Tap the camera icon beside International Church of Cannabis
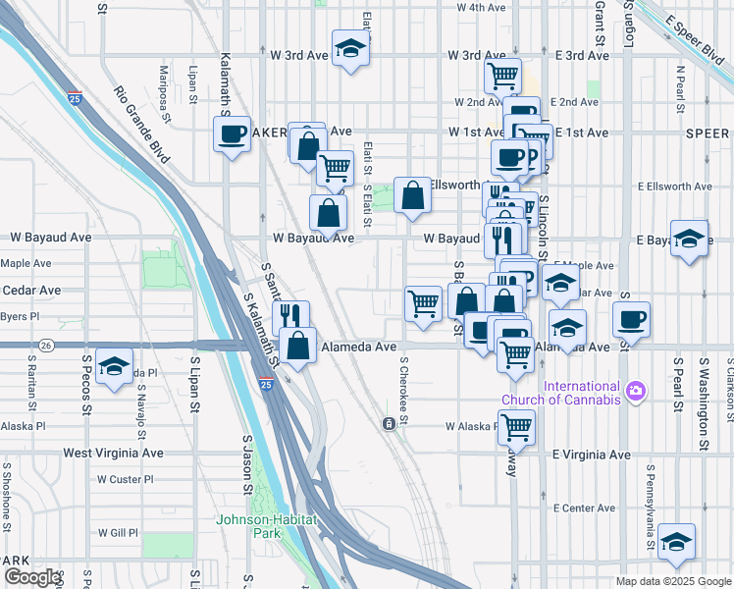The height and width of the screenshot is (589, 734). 636,392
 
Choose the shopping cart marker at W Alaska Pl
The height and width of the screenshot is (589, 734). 515,426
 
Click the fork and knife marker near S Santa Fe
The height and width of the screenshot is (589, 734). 290,316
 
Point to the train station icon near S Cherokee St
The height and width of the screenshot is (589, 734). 390,423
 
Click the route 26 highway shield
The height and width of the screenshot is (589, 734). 46,346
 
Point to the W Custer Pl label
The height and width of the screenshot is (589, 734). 126,479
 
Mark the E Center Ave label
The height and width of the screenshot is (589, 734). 584,508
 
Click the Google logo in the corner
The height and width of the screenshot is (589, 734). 32,577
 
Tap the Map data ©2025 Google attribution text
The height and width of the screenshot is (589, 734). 673,581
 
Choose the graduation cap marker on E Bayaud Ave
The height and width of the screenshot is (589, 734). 690,238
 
